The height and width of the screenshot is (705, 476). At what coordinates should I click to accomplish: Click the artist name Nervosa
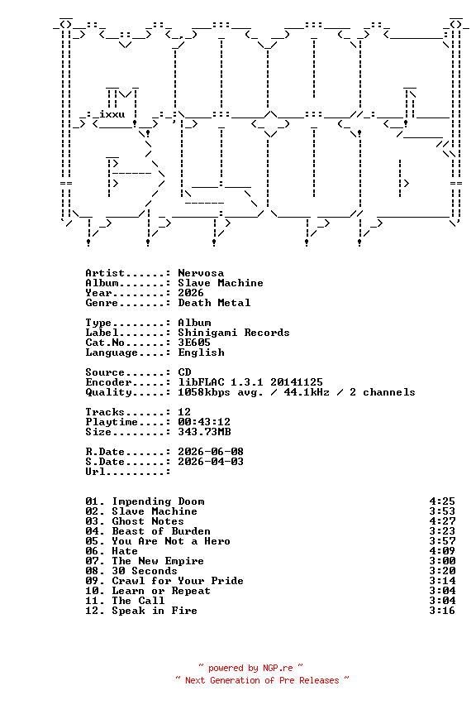coord(201,273)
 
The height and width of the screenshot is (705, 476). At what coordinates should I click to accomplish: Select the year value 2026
coord(191,293)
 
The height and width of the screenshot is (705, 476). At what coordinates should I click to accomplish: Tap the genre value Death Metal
coord(214,303)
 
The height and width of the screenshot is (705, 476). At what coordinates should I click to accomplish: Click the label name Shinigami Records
coord(234,333)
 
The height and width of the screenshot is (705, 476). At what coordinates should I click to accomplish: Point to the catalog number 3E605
coord(194,343)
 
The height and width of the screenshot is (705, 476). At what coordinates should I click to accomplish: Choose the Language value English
coord(201,352)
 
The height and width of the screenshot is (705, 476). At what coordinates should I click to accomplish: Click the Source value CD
coord(184,372)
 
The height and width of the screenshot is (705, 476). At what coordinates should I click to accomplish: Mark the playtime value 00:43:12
coord(204,422)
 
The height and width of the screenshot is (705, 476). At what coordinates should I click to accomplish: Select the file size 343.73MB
coord(204,432)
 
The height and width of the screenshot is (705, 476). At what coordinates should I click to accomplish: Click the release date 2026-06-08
coord(211,452)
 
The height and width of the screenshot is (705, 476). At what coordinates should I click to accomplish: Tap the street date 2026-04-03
coord(211,461)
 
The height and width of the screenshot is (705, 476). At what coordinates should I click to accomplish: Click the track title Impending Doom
coord(158,501)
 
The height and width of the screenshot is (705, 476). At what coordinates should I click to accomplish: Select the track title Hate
coord(125,551)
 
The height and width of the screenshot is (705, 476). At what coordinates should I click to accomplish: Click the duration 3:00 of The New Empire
coord(442,561)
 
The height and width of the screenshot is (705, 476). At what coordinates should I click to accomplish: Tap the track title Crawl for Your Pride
coord(178,581)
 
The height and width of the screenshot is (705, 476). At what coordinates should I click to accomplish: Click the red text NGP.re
coord(278,668)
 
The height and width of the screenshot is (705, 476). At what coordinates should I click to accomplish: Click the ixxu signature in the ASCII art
coord(112,114)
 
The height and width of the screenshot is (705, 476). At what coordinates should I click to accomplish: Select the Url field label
coord(95,471)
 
